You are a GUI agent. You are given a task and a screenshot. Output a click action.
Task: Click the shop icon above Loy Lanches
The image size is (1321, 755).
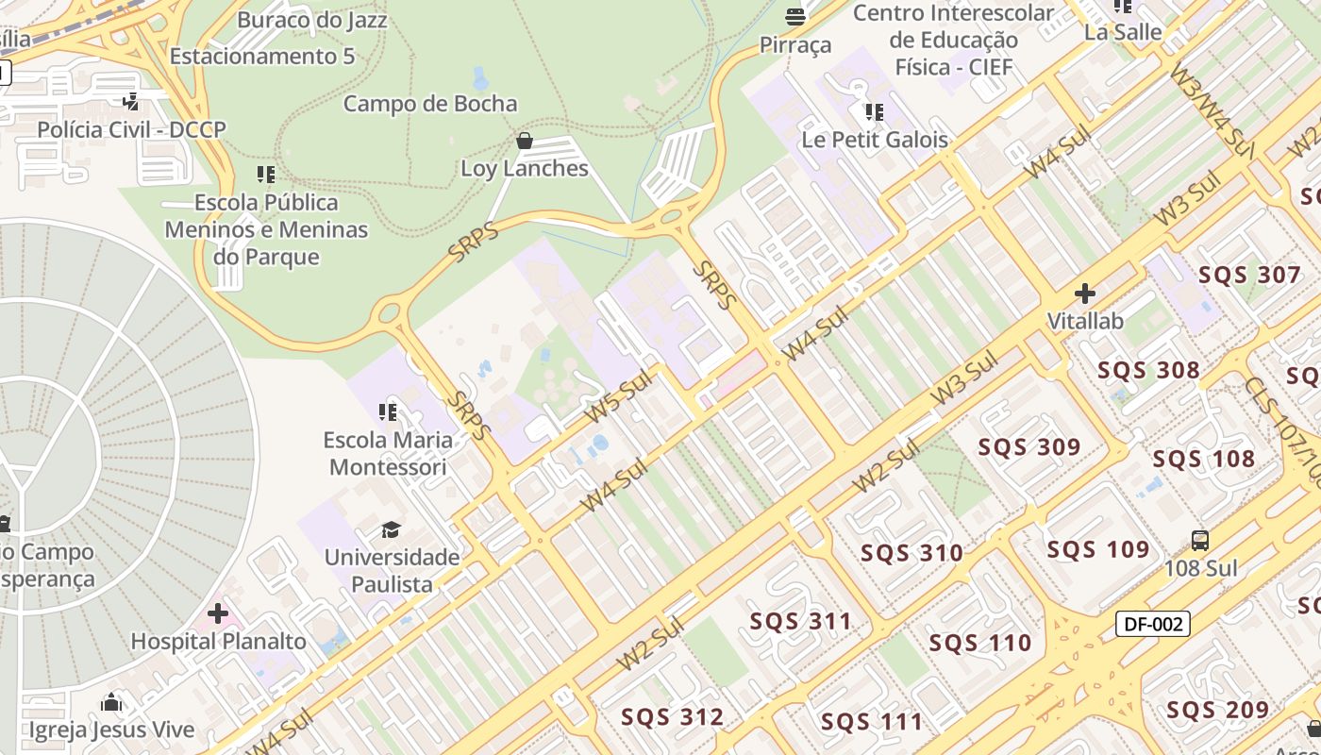pos(525,142)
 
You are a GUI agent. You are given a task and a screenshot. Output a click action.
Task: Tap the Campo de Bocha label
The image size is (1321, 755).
pos(430,104)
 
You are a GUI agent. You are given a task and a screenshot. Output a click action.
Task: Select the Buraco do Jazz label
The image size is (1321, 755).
pos(312,20)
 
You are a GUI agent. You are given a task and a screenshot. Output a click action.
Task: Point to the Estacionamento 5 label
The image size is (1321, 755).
pos(262,57)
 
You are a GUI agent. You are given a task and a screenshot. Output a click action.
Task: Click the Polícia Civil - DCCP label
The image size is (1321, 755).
pos(131,129)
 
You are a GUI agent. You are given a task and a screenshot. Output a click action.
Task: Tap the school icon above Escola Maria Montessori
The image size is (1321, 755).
pos(388,411)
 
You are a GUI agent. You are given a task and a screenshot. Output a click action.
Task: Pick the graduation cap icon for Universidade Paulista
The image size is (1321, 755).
pos(391,529)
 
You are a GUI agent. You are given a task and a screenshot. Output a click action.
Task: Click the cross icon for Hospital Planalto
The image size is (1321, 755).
pos(218,614)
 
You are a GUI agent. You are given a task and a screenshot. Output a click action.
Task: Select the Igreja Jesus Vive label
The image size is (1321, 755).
pos(111,730)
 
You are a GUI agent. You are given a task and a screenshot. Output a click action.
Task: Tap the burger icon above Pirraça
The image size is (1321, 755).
pos(795,16)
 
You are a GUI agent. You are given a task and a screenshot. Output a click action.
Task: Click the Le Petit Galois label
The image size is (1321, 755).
pos(875,140)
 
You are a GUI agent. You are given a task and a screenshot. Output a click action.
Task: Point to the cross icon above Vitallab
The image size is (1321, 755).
pos(1085,294)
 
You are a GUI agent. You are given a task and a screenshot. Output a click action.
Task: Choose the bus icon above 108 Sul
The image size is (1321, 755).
pos(1200,541)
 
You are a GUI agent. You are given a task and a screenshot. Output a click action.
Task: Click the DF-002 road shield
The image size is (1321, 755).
pos(1152,624)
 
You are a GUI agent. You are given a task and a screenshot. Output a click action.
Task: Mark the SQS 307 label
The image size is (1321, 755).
pos(1249,276)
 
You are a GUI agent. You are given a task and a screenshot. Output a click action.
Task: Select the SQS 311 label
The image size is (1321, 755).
pos(800,621)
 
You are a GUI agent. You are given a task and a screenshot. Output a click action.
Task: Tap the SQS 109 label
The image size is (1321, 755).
pos(1098,549)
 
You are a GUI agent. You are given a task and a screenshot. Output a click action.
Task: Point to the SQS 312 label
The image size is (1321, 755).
pos(672,717)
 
